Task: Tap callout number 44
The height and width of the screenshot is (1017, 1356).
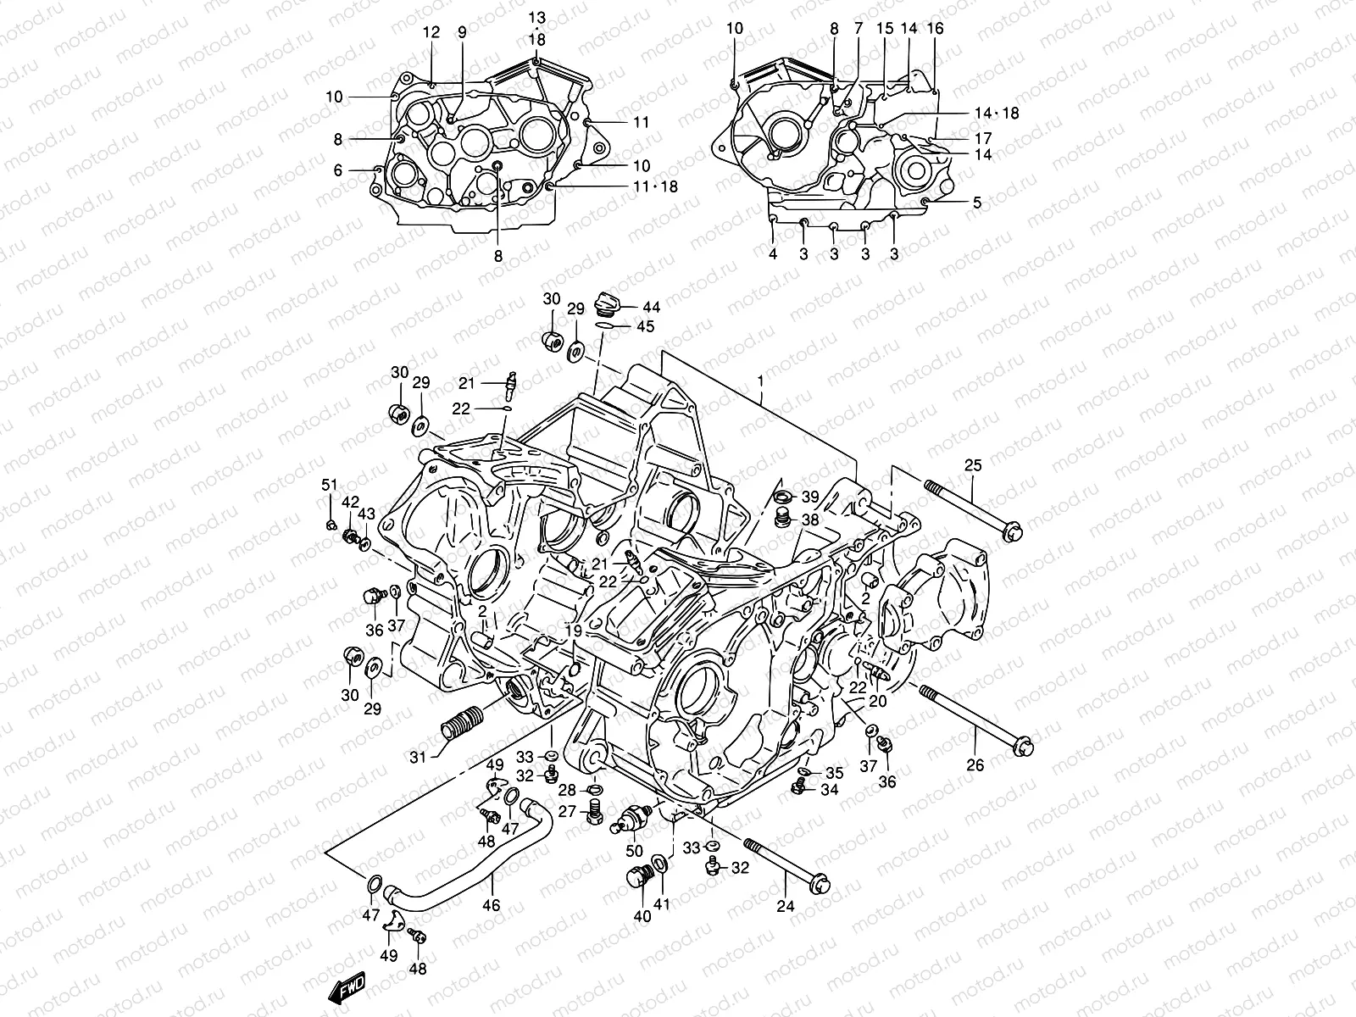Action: coord(652,307)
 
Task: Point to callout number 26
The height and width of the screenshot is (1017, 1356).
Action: coord(975,765)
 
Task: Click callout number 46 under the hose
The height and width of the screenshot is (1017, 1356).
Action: coord(491,905)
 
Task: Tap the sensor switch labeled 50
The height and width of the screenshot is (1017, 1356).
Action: coord(634,816)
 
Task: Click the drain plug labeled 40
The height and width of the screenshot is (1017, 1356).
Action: coord(636,879)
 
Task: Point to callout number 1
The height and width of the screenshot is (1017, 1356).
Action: coord(760,381)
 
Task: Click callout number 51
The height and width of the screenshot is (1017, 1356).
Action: coord(329,486)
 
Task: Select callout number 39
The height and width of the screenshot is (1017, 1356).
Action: coord(810,497)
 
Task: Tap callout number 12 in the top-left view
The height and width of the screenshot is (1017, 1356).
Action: coord(432,33)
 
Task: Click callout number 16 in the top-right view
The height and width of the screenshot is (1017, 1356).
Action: coord(935,28)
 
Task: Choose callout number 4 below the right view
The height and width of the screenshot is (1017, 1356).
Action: coord(773,254)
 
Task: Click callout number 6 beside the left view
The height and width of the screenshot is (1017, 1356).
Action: coord(337,170)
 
